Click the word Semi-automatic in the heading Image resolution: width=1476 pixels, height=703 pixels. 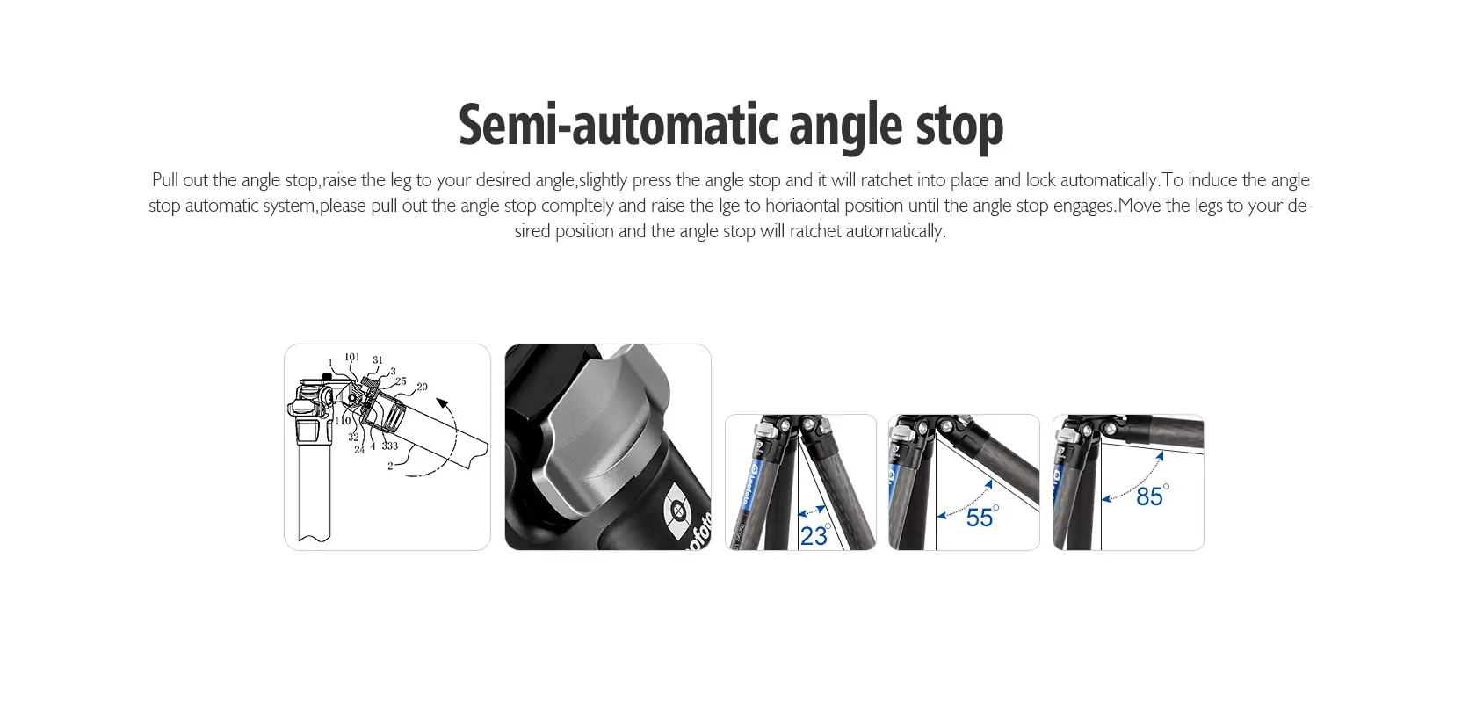pos(619,125)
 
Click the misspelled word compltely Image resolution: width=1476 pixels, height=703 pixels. pos(577,206)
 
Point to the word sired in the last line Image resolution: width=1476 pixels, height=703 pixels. pos(532,231)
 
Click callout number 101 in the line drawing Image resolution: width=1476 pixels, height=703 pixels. pos(352,357)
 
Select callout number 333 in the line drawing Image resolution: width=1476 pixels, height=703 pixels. pos(389,446)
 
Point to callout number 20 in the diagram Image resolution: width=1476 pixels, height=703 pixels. pos(422,387)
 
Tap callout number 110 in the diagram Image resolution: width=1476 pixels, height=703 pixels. pos(343,420)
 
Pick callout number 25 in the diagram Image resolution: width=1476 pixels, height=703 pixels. pos(401,381)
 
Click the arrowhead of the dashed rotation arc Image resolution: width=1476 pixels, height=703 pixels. pos(442,402)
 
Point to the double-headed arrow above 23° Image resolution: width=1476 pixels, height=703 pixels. pos(812,511)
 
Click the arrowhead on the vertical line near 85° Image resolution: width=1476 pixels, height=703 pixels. pos(1105,499)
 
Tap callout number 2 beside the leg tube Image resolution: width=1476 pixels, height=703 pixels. pos(390,466)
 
